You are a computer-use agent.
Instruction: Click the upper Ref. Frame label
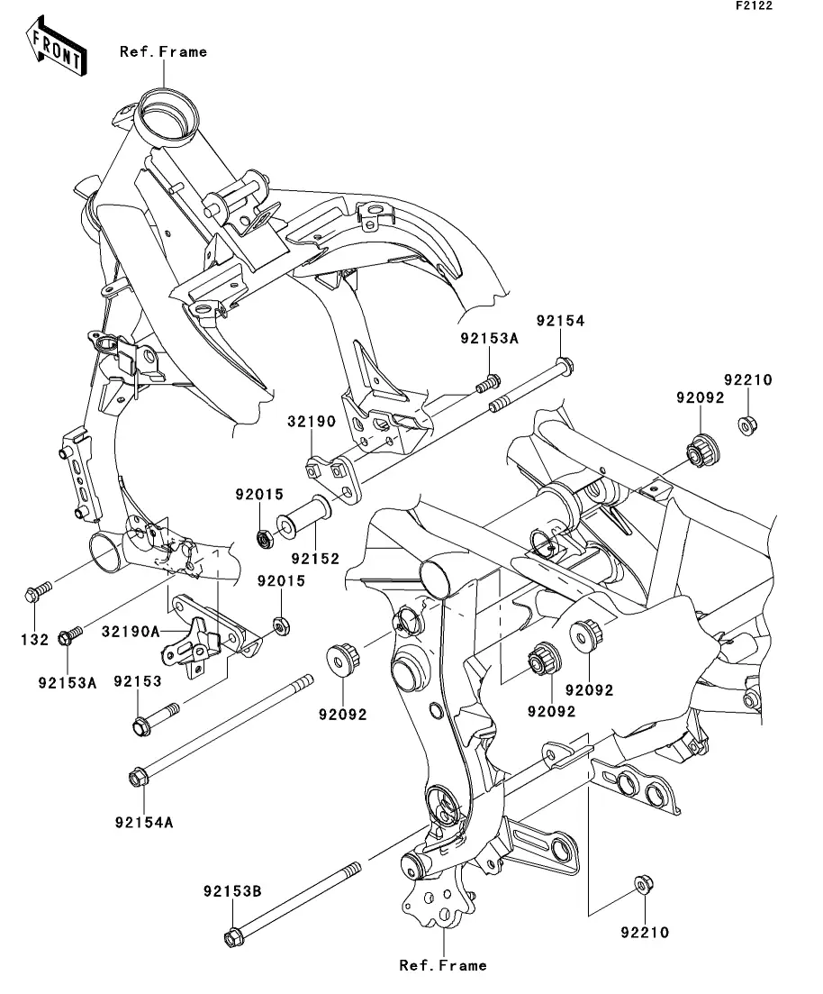pyautogui.click(x=163, y=52)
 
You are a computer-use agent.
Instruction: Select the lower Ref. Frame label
pyautogui.click(x=443, y=965)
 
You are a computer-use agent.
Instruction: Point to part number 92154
pyautogui.click(x=561, y=321)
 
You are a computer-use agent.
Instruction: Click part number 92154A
pyautogui.click(x=144, y=822)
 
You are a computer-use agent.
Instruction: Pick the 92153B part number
pyautogui.click(x=231, y=891)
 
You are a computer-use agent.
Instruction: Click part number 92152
pyautogui.click(x=314, y=559)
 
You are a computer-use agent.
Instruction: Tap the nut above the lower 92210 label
pyautogui.click(x=643, y=886)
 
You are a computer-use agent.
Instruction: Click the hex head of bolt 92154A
pyautogui.click(x=139, y=775)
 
